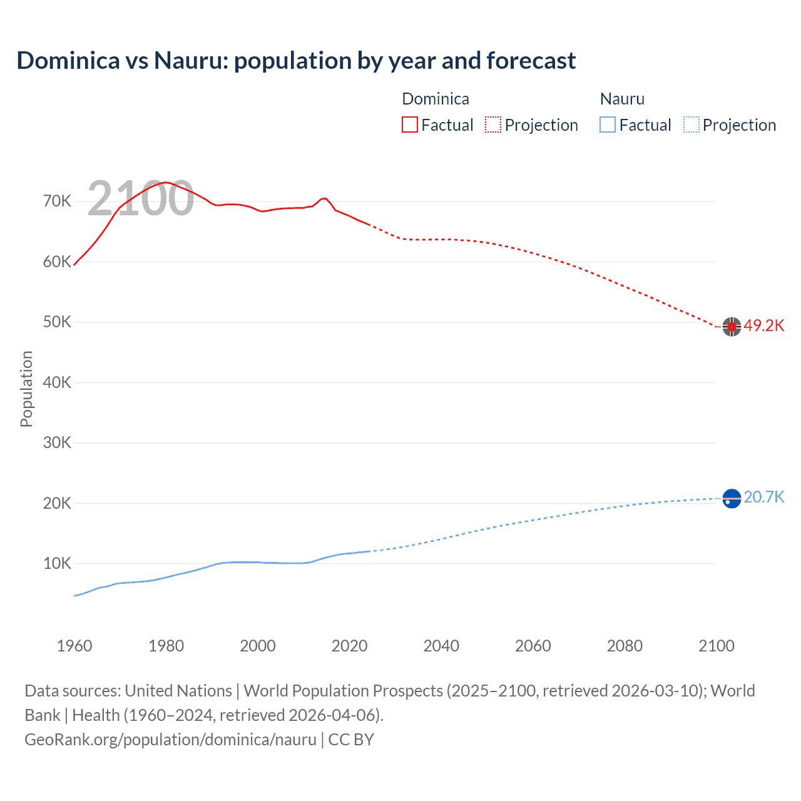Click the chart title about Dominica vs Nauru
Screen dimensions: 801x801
click(x=296, y=61)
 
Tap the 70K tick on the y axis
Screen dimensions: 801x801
click(x=57, y=201)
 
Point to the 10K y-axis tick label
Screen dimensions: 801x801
click(x=57, y=563)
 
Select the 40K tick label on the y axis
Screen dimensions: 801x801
click(x=57, y=382)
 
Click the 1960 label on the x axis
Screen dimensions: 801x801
click(x=74, y=646)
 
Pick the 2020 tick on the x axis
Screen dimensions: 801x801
click(x=349, y=646)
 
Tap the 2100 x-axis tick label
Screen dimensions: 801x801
click(x=716, y=646)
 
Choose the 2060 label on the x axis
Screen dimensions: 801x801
click(x=533, y=646)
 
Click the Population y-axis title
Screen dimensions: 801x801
click(x=26, y=389)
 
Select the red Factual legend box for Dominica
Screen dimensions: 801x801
click(x=410, y=125)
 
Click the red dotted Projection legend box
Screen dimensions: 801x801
click(x=493, y=125)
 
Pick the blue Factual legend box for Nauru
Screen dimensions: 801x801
click(x=608, y=125)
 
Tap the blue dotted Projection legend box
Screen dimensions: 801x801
click(x=691, y=125)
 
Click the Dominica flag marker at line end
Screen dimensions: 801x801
click(x=732, y=326)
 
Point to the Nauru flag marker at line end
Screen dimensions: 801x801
click(x=732, y=498)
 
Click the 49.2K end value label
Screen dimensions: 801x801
click(x=763, y=325)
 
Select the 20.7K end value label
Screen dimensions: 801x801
click(x=763, y=497)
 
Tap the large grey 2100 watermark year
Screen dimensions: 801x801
click(x=140, y=198)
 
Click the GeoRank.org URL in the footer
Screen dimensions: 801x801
click(x=170, y=739)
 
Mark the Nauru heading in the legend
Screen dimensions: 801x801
click(x=622, y=99)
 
